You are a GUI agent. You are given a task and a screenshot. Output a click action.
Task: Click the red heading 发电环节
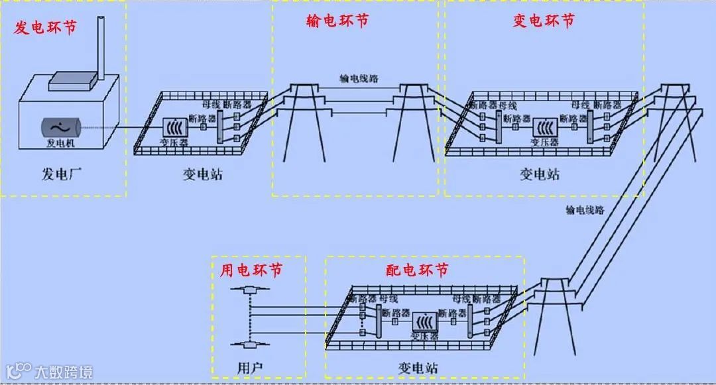(x=45, y=28)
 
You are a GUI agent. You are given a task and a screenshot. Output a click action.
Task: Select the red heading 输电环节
(x=337, y=21)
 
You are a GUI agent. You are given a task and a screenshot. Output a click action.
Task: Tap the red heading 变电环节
(x=544, y=21)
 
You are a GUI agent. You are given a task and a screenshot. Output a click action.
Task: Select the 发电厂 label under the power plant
(x=61, y=175)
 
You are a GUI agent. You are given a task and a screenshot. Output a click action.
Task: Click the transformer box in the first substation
(x=175, y=127)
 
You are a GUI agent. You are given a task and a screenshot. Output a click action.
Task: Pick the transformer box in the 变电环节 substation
(x=546, y=127)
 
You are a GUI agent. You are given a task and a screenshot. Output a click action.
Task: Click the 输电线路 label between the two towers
(x=359, y=78)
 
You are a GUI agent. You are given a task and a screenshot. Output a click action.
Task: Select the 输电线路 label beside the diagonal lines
(x=585, y=210)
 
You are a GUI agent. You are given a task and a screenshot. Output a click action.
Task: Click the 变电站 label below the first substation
(x=203, y=175)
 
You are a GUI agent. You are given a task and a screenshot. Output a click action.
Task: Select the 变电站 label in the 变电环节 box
(x=540, y=175)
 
